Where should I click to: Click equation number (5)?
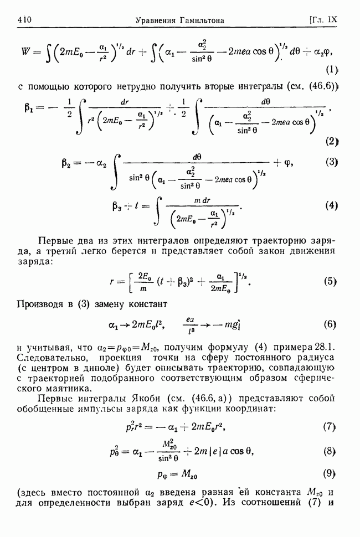331,281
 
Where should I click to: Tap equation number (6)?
331,324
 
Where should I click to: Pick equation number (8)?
331,451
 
